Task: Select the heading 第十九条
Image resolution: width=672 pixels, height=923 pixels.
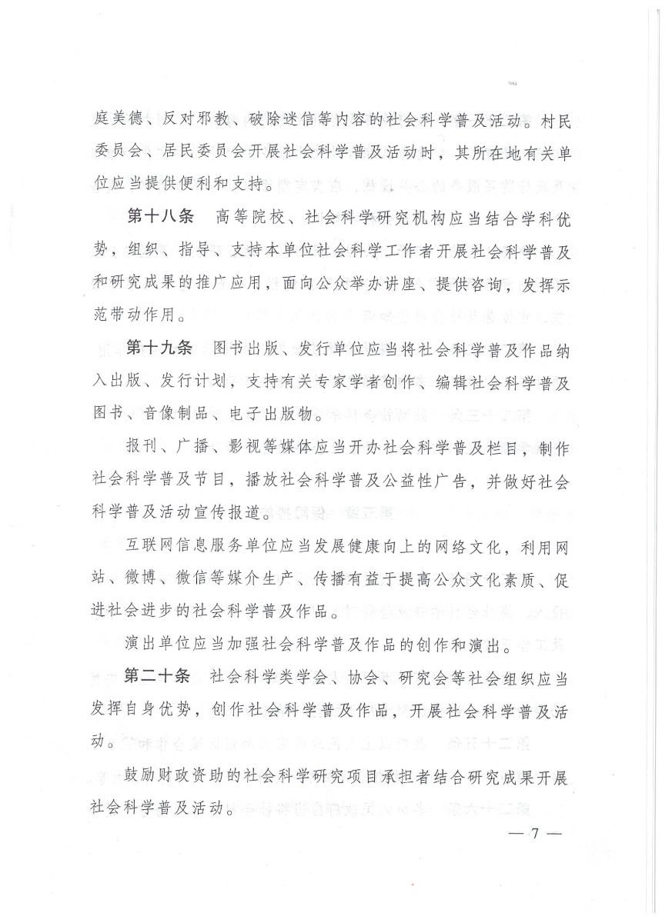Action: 159,348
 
